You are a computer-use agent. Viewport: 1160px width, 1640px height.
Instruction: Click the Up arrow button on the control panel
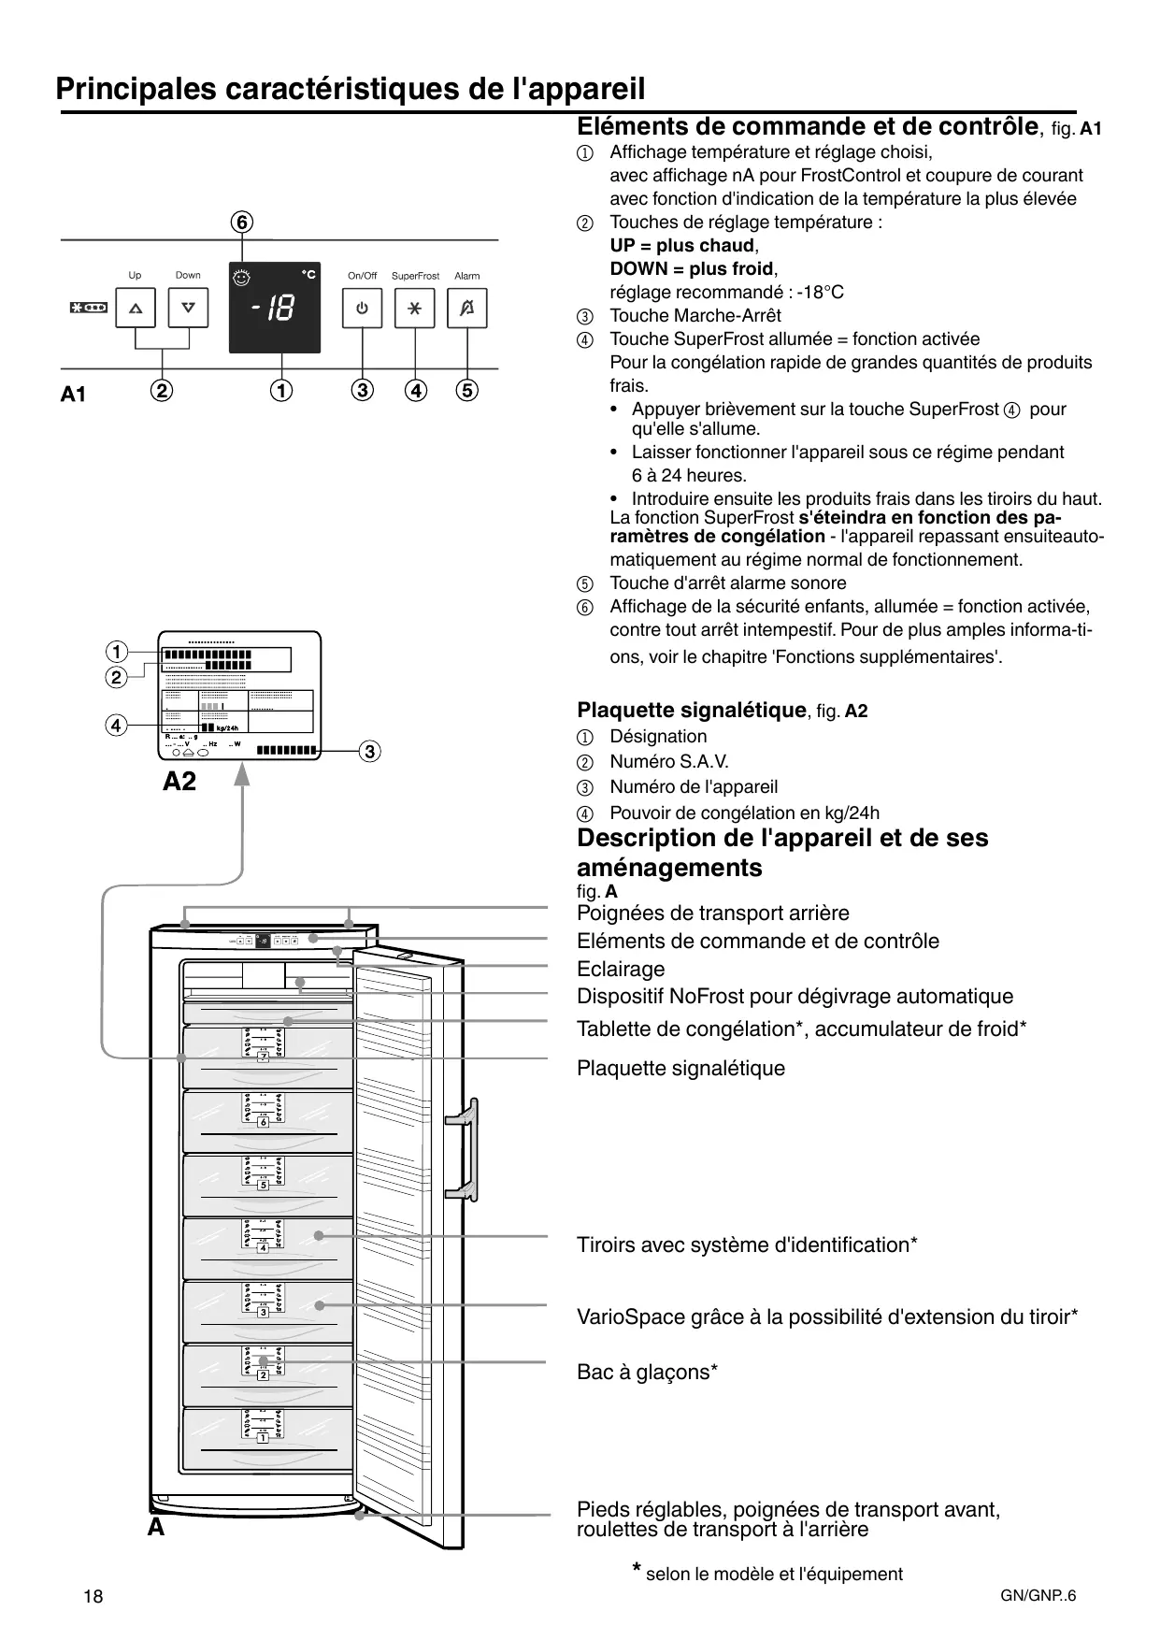[136, 308]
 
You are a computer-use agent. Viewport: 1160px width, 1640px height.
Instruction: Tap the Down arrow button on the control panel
[188, 308]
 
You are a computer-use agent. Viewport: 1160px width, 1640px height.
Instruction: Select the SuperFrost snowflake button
[415, 308]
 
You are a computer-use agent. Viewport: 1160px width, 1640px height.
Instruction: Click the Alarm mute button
[467, 308]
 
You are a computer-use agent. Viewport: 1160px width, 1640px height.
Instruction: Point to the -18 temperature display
[274, 308]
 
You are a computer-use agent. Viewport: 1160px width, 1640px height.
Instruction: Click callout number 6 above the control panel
[242, 223]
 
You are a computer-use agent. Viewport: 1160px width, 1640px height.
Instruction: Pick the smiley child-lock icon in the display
[242, 278]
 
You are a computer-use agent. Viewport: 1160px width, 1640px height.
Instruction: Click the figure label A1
[73, 395]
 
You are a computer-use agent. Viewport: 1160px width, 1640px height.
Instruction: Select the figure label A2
[179, 782]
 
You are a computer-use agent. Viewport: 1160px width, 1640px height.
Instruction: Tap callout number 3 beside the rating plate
[370, 751]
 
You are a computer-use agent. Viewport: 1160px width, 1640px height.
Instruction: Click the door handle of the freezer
[464, 1149]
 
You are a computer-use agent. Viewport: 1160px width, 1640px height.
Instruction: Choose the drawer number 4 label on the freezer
[264, 1248]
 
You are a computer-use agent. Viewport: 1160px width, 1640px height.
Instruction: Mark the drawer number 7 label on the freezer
[264, 1057]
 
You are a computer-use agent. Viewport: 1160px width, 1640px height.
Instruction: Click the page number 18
[93, 1596]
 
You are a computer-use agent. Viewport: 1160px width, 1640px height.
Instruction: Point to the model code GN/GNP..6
[1038, 1595]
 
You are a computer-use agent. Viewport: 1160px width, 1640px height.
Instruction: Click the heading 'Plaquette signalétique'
[691, 711]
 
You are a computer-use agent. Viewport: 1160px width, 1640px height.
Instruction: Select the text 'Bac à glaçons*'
[647, 1373]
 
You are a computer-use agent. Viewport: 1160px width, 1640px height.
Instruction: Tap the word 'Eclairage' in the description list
[621, 970]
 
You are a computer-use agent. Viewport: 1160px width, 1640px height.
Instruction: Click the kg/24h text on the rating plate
[227, 728]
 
